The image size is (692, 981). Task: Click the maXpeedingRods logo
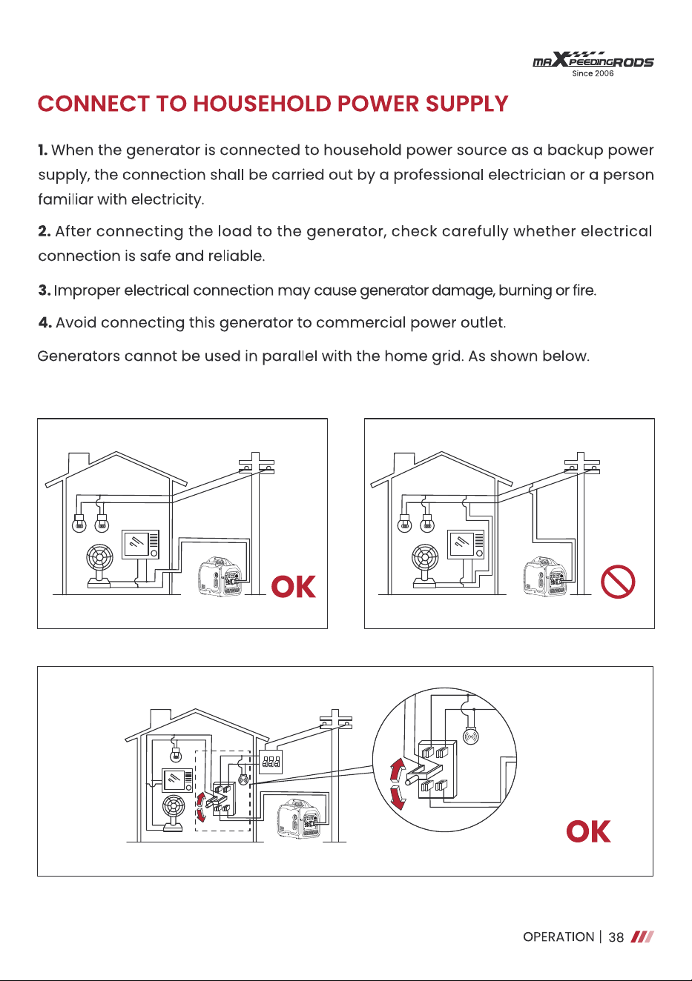click(593, 64)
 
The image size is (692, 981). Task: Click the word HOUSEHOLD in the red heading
click(262, 104)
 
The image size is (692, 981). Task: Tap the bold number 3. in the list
click(45, 290)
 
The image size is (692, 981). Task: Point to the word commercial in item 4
click(361, 323)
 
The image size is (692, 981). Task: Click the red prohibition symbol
click(618, 582)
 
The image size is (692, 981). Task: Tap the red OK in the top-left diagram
click(294, 586)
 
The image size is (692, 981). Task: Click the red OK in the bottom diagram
click(588, 831)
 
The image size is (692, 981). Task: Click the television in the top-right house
click(466, 544)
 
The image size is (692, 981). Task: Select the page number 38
click(616, 937)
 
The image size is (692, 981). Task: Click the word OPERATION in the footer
click(558, 937)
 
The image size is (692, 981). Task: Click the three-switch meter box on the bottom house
click(271, 762)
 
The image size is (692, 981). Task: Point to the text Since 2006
click(593, 73)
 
